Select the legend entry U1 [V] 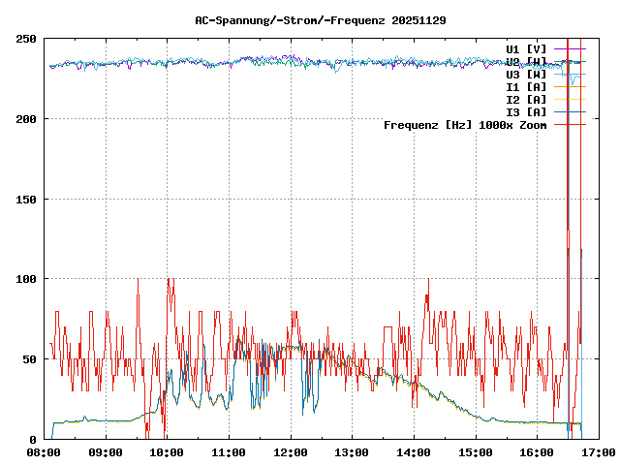[526, 48]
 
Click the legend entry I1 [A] [526, 86]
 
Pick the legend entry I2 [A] [526, 99]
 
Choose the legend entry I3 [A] [526, 111]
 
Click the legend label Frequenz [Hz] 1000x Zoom [465, 124]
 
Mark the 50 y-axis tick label [30, 359]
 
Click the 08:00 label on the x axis [44, 452]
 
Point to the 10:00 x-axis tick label [167, 452]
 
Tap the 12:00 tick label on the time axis [290, 452]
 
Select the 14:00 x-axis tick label [414, 452]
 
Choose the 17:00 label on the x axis [598, 452]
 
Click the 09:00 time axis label [105, 452]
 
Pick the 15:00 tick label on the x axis [475, 452]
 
